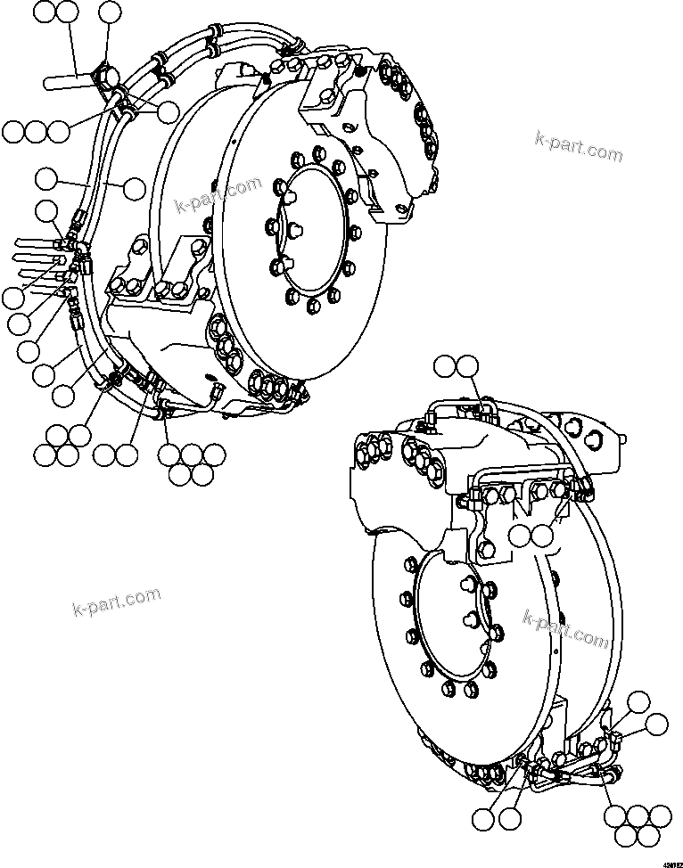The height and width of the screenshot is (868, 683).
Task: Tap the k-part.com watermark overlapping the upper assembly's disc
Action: pos(218,194)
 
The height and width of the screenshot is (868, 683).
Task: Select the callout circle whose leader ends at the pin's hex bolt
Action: pos(109,12)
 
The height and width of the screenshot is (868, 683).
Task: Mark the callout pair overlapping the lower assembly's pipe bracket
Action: pos(531,535)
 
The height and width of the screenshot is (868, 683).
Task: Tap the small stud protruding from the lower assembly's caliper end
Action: pos(621,436)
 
